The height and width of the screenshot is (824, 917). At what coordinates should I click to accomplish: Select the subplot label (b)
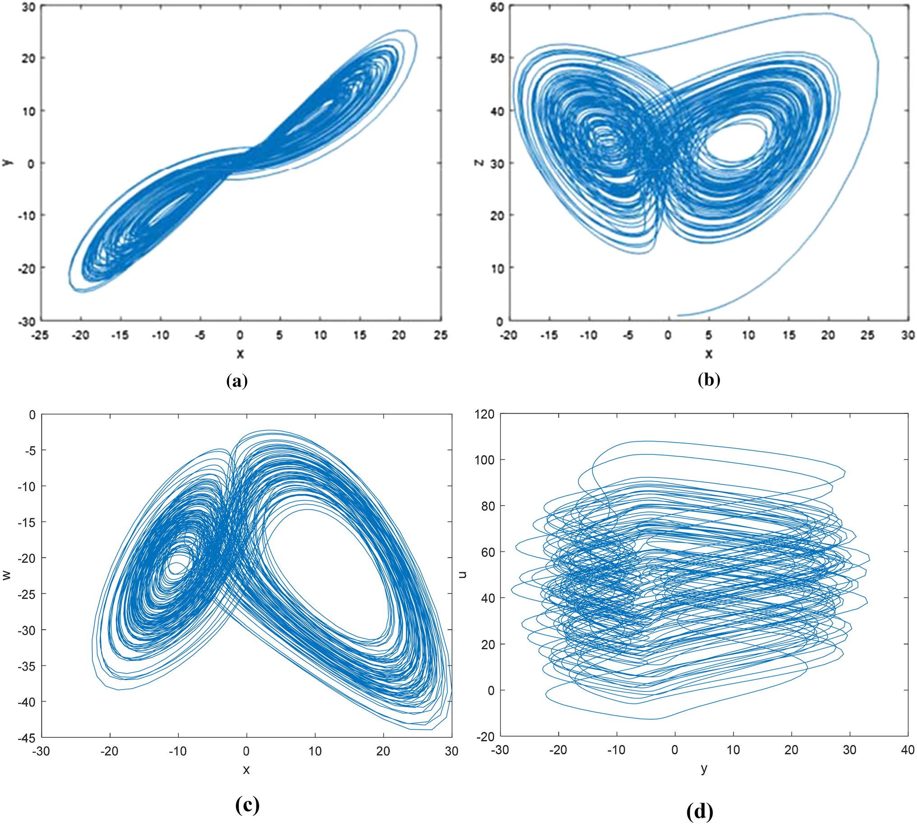pos(709,380)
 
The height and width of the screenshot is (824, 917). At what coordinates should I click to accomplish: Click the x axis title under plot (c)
pos(246,770)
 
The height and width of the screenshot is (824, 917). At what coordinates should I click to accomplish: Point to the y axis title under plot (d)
pos(704,769)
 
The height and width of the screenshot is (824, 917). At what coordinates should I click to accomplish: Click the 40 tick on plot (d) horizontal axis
pos(908,750)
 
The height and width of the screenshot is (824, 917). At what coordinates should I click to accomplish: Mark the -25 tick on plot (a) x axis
pos(40,335)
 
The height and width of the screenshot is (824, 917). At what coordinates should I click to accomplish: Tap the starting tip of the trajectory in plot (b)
pos(678,315)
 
